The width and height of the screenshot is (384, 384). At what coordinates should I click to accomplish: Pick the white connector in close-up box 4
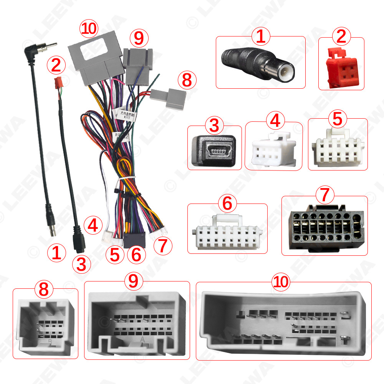click(x=274, y=151)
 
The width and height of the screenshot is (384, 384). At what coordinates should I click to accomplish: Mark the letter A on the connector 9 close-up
click(x=142, y=340)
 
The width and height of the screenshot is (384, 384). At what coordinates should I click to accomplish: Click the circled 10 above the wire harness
click(x=89, y=29)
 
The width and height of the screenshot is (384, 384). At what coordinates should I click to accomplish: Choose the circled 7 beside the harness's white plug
click(x=163, y=245)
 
